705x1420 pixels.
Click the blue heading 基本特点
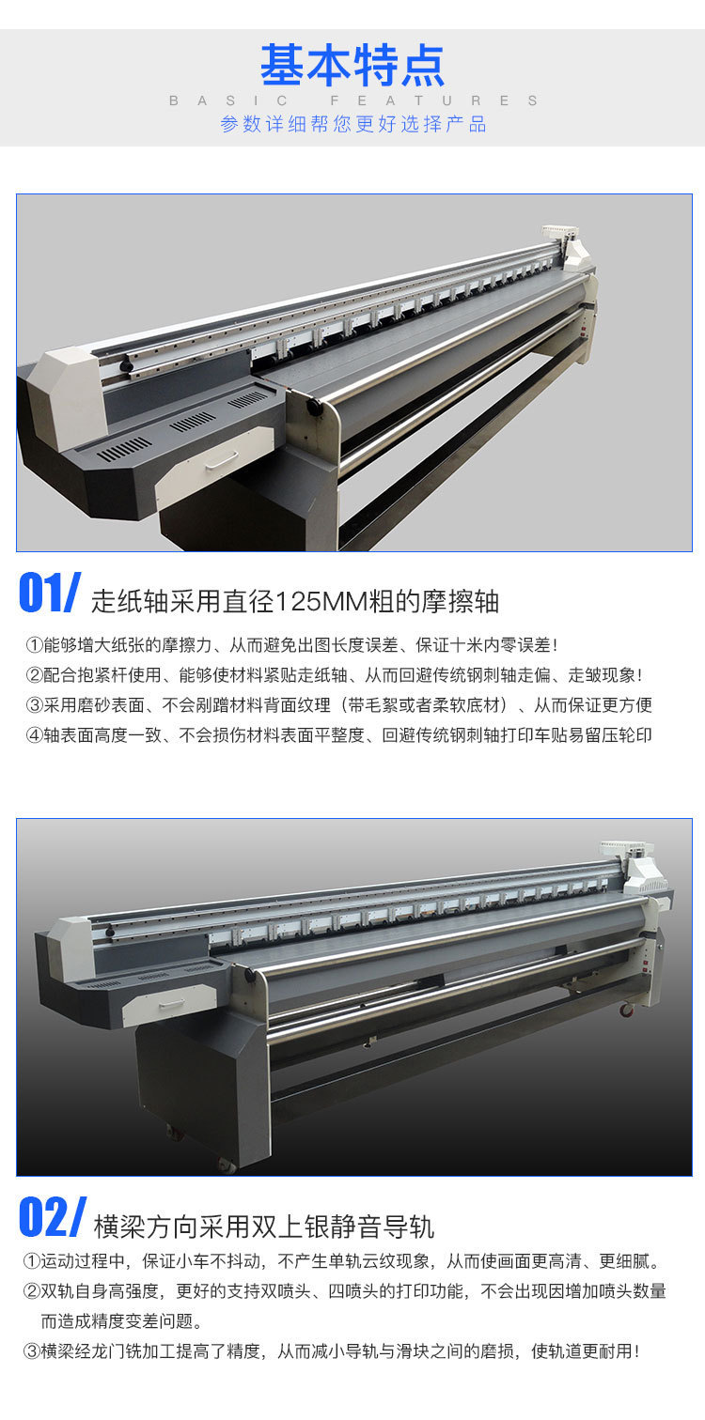352,66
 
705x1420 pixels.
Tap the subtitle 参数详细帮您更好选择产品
352,124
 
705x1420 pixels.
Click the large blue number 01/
50,593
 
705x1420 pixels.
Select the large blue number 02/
52,1217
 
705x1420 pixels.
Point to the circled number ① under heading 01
34,645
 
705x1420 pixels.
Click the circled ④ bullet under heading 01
34,735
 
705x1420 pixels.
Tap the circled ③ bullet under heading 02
31,1351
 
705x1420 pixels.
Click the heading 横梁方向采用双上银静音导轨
264,1227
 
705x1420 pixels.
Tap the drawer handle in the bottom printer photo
171,1004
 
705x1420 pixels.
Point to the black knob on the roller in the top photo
311,405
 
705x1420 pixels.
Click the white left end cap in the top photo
66,397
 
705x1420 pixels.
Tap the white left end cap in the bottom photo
71,947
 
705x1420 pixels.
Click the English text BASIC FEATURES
353,100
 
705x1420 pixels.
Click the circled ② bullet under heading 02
31,1291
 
